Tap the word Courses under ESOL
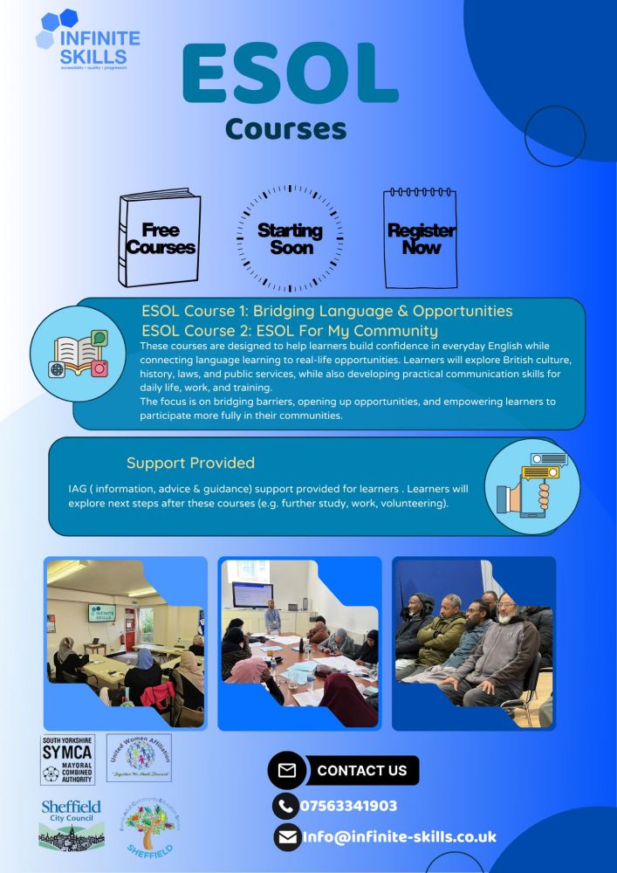point(285,128)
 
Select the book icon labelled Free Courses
point(161,238)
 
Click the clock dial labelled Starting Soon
point(290,238)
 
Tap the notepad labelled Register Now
point(421,238)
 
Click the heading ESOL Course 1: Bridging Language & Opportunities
point(327,311)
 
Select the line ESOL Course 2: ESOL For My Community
point(290,331)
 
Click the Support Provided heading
point(190,463)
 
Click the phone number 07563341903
point(348,806)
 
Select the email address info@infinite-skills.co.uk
point(400,836)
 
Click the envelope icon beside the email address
point(287,837)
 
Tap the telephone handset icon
point(285,806)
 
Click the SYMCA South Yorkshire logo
point(68,760)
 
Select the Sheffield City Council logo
point(72,823)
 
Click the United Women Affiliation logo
point(139,757)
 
